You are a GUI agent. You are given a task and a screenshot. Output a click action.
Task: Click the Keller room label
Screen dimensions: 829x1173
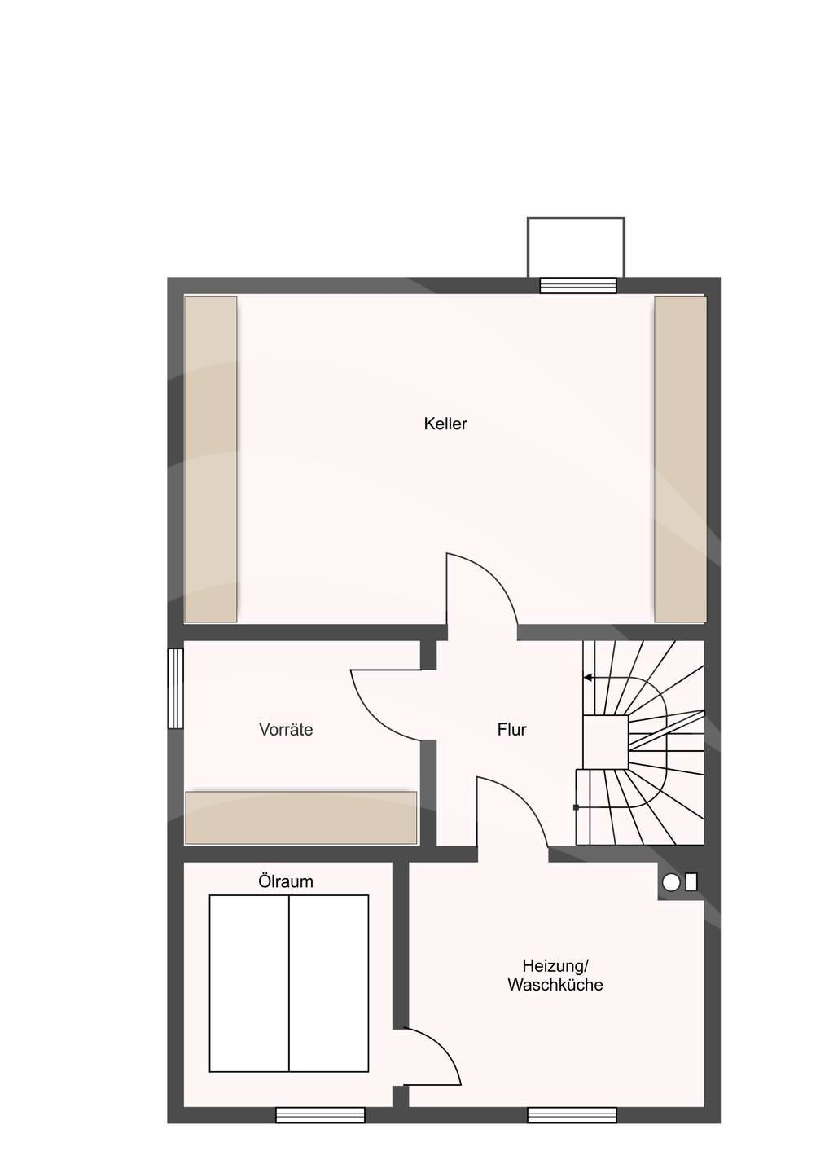click(x=445, y=424)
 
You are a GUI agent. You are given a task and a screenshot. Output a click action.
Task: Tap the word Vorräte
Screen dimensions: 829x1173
click(x=286, y=730)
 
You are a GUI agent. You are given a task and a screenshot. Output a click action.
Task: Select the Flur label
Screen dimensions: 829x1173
click(x=512, y=730)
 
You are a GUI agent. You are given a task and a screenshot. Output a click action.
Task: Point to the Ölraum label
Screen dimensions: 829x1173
click(x=286, y=881)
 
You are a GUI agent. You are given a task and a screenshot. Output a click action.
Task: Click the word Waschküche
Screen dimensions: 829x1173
click(x=555, y=985)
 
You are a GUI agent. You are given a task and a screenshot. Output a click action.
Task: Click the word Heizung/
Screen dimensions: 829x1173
click(x=556, y=965)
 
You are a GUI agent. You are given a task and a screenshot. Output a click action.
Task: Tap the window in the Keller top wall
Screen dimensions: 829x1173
click(x=578, y=285)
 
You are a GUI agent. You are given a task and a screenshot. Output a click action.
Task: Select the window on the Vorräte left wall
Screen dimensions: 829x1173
click(x=175, y=688)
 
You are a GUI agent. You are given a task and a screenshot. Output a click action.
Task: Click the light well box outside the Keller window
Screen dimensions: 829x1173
click(x=576, y=247)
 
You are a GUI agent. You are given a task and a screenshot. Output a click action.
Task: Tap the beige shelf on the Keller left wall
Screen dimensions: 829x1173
click(x=211, y=459)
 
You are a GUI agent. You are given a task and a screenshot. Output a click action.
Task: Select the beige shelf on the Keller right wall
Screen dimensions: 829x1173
click(x=680, y=459)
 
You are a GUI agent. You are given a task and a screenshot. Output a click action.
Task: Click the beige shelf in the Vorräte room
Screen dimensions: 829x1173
click(x=301, y=818)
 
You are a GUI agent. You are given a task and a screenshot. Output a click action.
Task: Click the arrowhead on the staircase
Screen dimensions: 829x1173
click(x=588, y=678)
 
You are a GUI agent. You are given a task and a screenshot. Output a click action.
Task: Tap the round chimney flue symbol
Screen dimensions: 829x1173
click(x=671, y=883)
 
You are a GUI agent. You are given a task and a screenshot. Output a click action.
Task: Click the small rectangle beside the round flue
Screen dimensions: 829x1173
click(x=691, y=882)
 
